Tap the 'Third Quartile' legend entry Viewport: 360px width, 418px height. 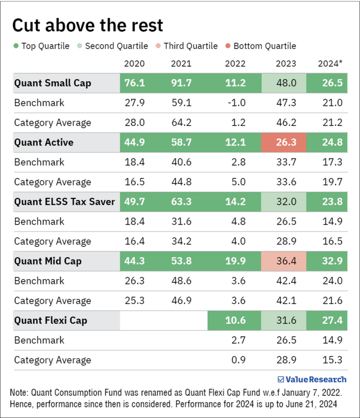coord(186,46)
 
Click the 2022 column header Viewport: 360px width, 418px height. coord(235,63)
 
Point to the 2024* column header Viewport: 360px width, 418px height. coord(330,63)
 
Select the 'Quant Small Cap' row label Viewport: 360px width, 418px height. coord(52,83)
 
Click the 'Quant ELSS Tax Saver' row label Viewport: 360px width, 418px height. coord(64,202)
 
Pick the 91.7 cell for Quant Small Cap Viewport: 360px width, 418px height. coord(181,83)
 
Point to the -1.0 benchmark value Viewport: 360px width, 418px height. coord(235,103)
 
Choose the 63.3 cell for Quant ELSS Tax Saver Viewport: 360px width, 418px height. coord(181,202)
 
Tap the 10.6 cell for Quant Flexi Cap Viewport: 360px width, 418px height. coord(235,320)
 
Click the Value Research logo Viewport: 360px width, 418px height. coord(311,379)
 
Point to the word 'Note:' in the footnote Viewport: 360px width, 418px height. coord(20,392)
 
